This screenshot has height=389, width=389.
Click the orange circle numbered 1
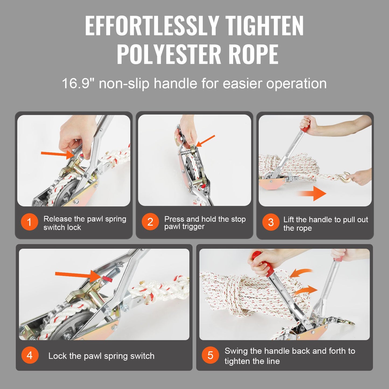coord(29,222)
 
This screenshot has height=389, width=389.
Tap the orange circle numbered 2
coord(150,222)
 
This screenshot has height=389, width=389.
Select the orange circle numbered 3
coord(271,222)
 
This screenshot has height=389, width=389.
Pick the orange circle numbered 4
coord(30,355)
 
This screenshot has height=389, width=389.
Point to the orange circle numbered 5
coord(210,355)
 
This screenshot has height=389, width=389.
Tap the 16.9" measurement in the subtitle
coord(78,83)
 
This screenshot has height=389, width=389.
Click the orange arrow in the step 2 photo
coord(206,141)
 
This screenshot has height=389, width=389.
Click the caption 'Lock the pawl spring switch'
coord(101,356)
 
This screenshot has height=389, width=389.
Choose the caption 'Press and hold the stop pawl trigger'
coord(205,223)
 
